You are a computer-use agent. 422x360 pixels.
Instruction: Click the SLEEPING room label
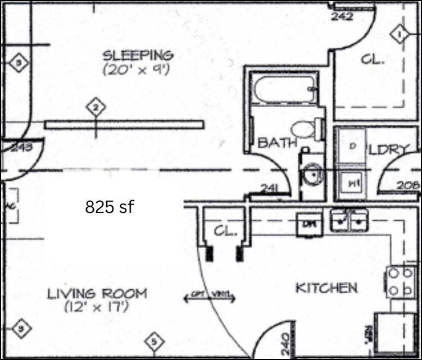(138, 55)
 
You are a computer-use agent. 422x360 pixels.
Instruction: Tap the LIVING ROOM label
(97, 293)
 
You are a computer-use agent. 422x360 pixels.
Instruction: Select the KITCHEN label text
(326, 288)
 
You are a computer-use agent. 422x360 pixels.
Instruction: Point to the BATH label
(277, 143)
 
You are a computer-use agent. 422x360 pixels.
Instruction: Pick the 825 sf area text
(110, 207)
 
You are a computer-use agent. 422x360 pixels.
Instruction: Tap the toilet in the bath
(307, 129)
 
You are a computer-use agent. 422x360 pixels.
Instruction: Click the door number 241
(269, 189)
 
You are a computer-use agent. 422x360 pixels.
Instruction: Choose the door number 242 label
(342, 16)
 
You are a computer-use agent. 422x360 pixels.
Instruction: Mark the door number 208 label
(409, 184)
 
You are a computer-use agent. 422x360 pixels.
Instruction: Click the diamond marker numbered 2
(96, 107)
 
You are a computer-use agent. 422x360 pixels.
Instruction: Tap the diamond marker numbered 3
(19, 63)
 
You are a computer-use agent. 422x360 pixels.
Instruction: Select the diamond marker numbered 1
(400, 35)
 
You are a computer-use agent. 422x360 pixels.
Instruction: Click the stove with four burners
(401, 281)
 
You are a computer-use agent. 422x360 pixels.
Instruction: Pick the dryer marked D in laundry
(352, 146)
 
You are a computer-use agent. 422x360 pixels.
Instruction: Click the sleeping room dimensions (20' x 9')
(136, 71)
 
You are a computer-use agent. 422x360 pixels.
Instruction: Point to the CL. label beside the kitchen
(225, 231)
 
